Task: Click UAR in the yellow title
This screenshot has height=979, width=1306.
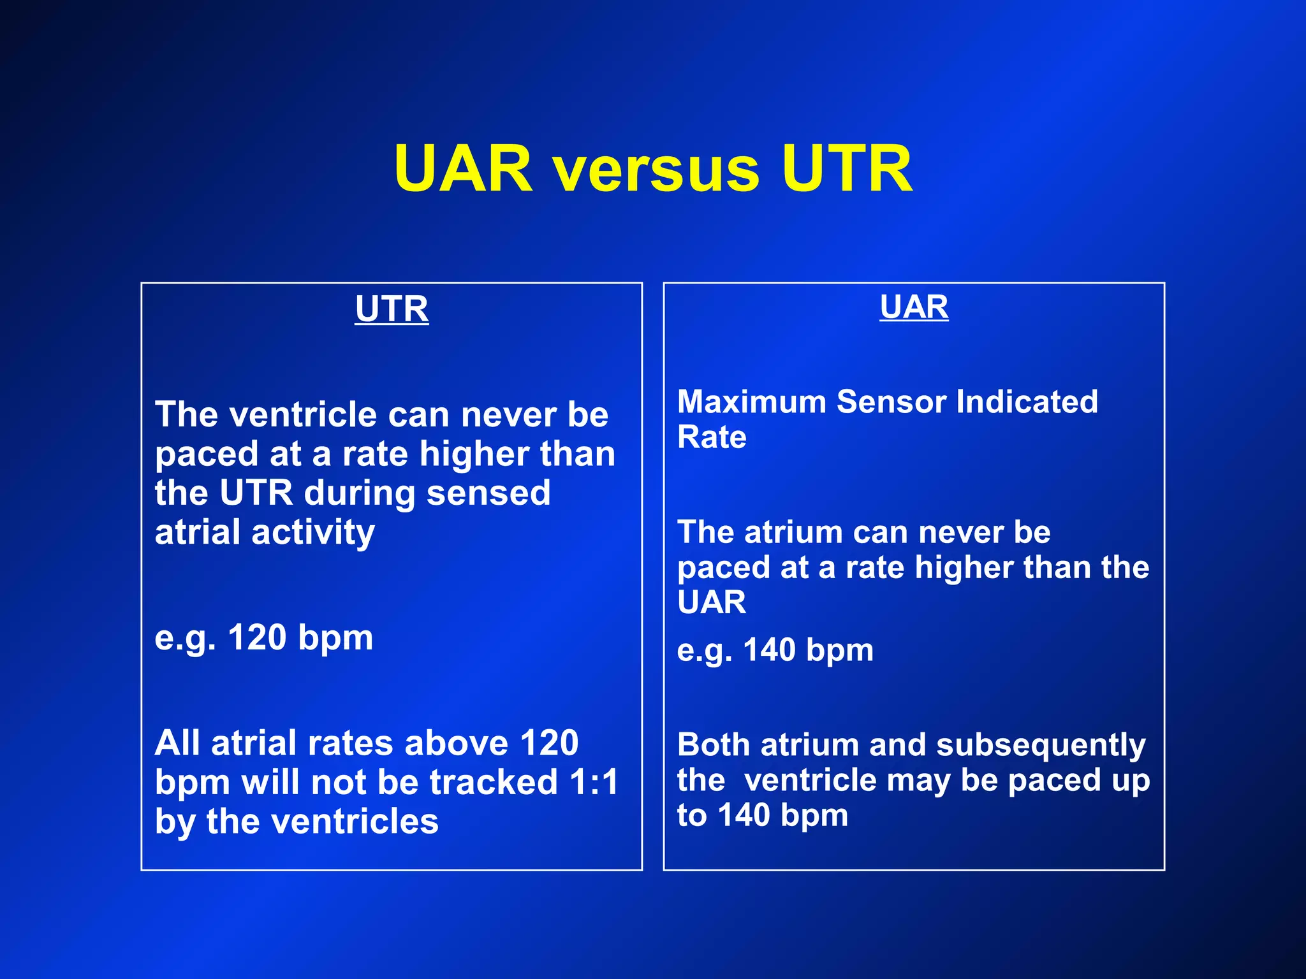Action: pos(462,168)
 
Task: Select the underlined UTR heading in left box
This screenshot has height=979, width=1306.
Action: pos(392,309)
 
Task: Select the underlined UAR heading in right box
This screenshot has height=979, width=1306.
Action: pos(914,307)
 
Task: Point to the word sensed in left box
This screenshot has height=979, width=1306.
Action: pos(488,493)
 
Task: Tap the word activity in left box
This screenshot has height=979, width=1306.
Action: pos(313,533)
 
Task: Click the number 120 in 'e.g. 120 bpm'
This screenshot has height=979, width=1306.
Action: pos(256,637)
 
